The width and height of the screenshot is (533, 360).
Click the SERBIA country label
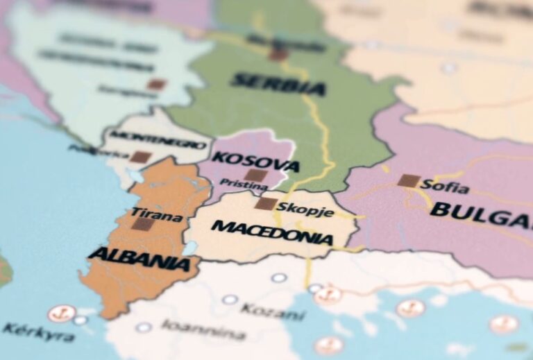tap(277, 84)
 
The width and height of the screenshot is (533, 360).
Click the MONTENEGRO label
tap(158, 139)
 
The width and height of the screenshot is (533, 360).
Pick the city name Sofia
tap(445, 187)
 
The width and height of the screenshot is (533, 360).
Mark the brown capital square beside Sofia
tap(408, 181)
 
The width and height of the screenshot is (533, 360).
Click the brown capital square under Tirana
tap(142, 224)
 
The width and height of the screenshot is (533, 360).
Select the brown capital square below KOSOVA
tap(255, 175)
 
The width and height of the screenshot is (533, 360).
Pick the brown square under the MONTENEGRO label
tap(139, 157)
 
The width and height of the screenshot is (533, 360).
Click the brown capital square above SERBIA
tap(278, 54)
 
